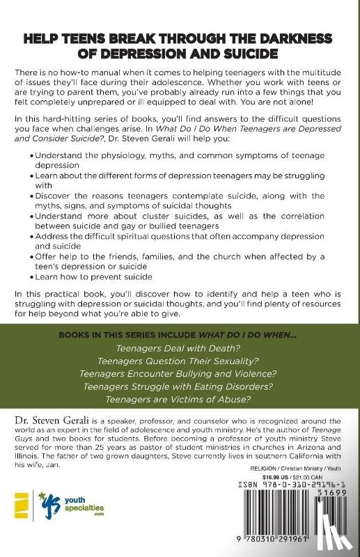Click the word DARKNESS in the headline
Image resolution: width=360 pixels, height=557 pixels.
[288, 38]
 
